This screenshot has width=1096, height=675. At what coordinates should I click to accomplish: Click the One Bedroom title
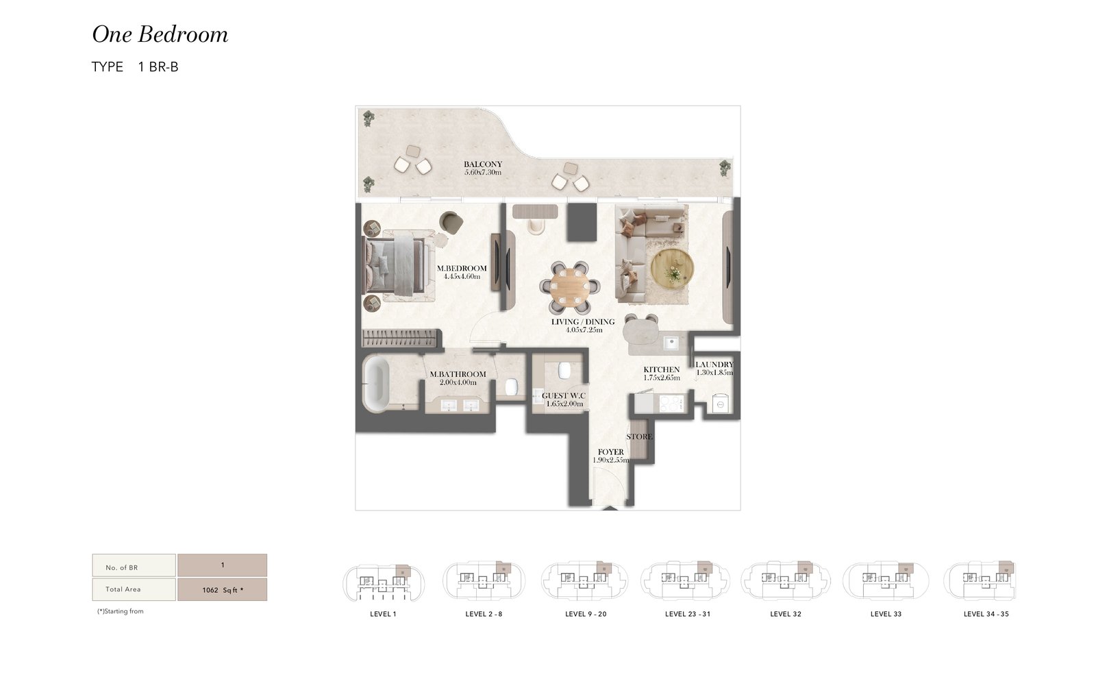coord(160,35)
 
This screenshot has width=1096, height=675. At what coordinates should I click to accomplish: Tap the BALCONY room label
coord(483,164)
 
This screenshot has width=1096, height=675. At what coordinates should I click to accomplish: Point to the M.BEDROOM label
coord(462,268)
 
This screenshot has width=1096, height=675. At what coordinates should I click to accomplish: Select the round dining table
coord(570,287)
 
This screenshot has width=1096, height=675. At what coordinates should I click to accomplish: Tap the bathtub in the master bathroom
coord(376,384)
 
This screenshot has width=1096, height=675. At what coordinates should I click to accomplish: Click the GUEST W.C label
coord(564,395)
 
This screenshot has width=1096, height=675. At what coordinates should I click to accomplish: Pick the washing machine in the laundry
coord(721,404)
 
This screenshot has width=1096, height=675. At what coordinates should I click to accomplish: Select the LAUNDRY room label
coord(714,365)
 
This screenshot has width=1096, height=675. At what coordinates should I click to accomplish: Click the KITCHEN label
coord(662,369)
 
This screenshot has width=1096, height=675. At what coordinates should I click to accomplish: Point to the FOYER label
coord(610,452)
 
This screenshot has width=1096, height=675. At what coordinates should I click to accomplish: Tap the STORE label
coord(640,437)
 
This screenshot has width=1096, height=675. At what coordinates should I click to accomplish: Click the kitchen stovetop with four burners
coord(671,404)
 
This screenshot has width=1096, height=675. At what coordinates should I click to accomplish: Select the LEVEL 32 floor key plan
coord(785,581)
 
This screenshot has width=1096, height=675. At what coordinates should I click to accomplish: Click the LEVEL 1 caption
coord(383,614)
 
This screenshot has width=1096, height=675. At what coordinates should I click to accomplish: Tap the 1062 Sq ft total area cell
coord(222,590)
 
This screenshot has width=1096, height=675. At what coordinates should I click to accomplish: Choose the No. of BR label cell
coord(134,565)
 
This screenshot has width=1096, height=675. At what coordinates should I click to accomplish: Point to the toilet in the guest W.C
coord(564,370)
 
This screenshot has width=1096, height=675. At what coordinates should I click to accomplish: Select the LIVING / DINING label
coord(583,321)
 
